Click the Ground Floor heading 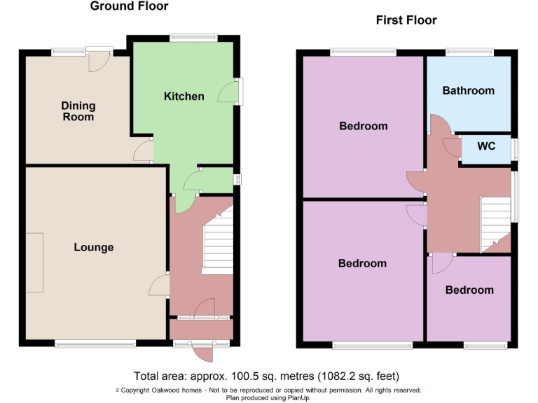click(x=129, y=6)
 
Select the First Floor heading click(x=406, y=20)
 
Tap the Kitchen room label click(x=184, y=96)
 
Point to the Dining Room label click(x=78, y=111)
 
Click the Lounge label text click(x=94, y=247)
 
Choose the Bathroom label click(x=468, y=90)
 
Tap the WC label click(x=486, y=146)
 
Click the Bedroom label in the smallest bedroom click(x=469, y=290)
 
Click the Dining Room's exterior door click(x=99, y=61)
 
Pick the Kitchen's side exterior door click(x=229, y=92)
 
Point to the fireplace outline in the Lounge click(x=34, y=264)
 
